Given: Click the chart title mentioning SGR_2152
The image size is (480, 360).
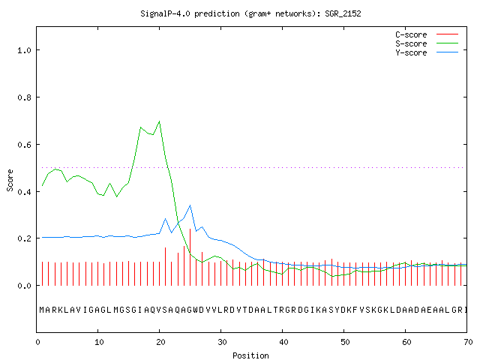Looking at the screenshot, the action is tap(250, 13).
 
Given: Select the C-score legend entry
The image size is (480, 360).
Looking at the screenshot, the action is tap(427, 34).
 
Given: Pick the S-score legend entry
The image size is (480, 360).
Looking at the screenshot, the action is tap(427, 43).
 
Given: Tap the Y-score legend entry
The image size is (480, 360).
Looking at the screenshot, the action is tap(427, 52).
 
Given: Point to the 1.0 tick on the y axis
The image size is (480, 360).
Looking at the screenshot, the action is tap(24, 50).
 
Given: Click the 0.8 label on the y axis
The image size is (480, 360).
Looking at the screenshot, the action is tap(24, 97).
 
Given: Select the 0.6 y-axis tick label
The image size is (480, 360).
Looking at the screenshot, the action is tap(24, 145).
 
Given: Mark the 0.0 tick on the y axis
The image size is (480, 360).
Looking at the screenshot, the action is tap(24, 286).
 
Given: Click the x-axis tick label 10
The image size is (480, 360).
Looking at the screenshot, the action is tap(99, 342).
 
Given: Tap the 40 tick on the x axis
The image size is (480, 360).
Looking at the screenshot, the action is tap(283, 342).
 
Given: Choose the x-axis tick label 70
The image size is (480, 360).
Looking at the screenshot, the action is tap(468, 342).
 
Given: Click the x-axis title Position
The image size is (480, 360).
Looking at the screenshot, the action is tap(250, 355).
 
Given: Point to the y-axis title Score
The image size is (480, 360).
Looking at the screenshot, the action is tap(10, 180).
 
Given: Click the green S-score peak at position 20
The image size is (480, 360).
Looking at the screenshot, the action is tap(159, 121).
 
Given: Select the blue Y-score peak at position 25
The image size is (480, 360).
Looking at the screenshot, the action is tap(190, 205).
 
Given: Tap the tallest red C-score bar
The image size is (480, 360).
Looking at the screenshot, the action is tap(190, 257).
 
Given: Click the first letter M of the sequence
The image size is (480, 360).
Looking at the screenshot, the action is tap(42, 310).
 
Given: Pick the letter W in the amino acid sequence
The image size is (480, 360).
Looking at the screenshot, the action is tap(195, 310).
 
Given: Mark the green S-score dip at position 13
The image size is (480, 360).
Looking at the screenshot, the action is tap(117, 196).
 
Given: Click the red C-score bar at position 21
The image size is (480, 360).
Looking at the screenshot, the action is tap(165, 267).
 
